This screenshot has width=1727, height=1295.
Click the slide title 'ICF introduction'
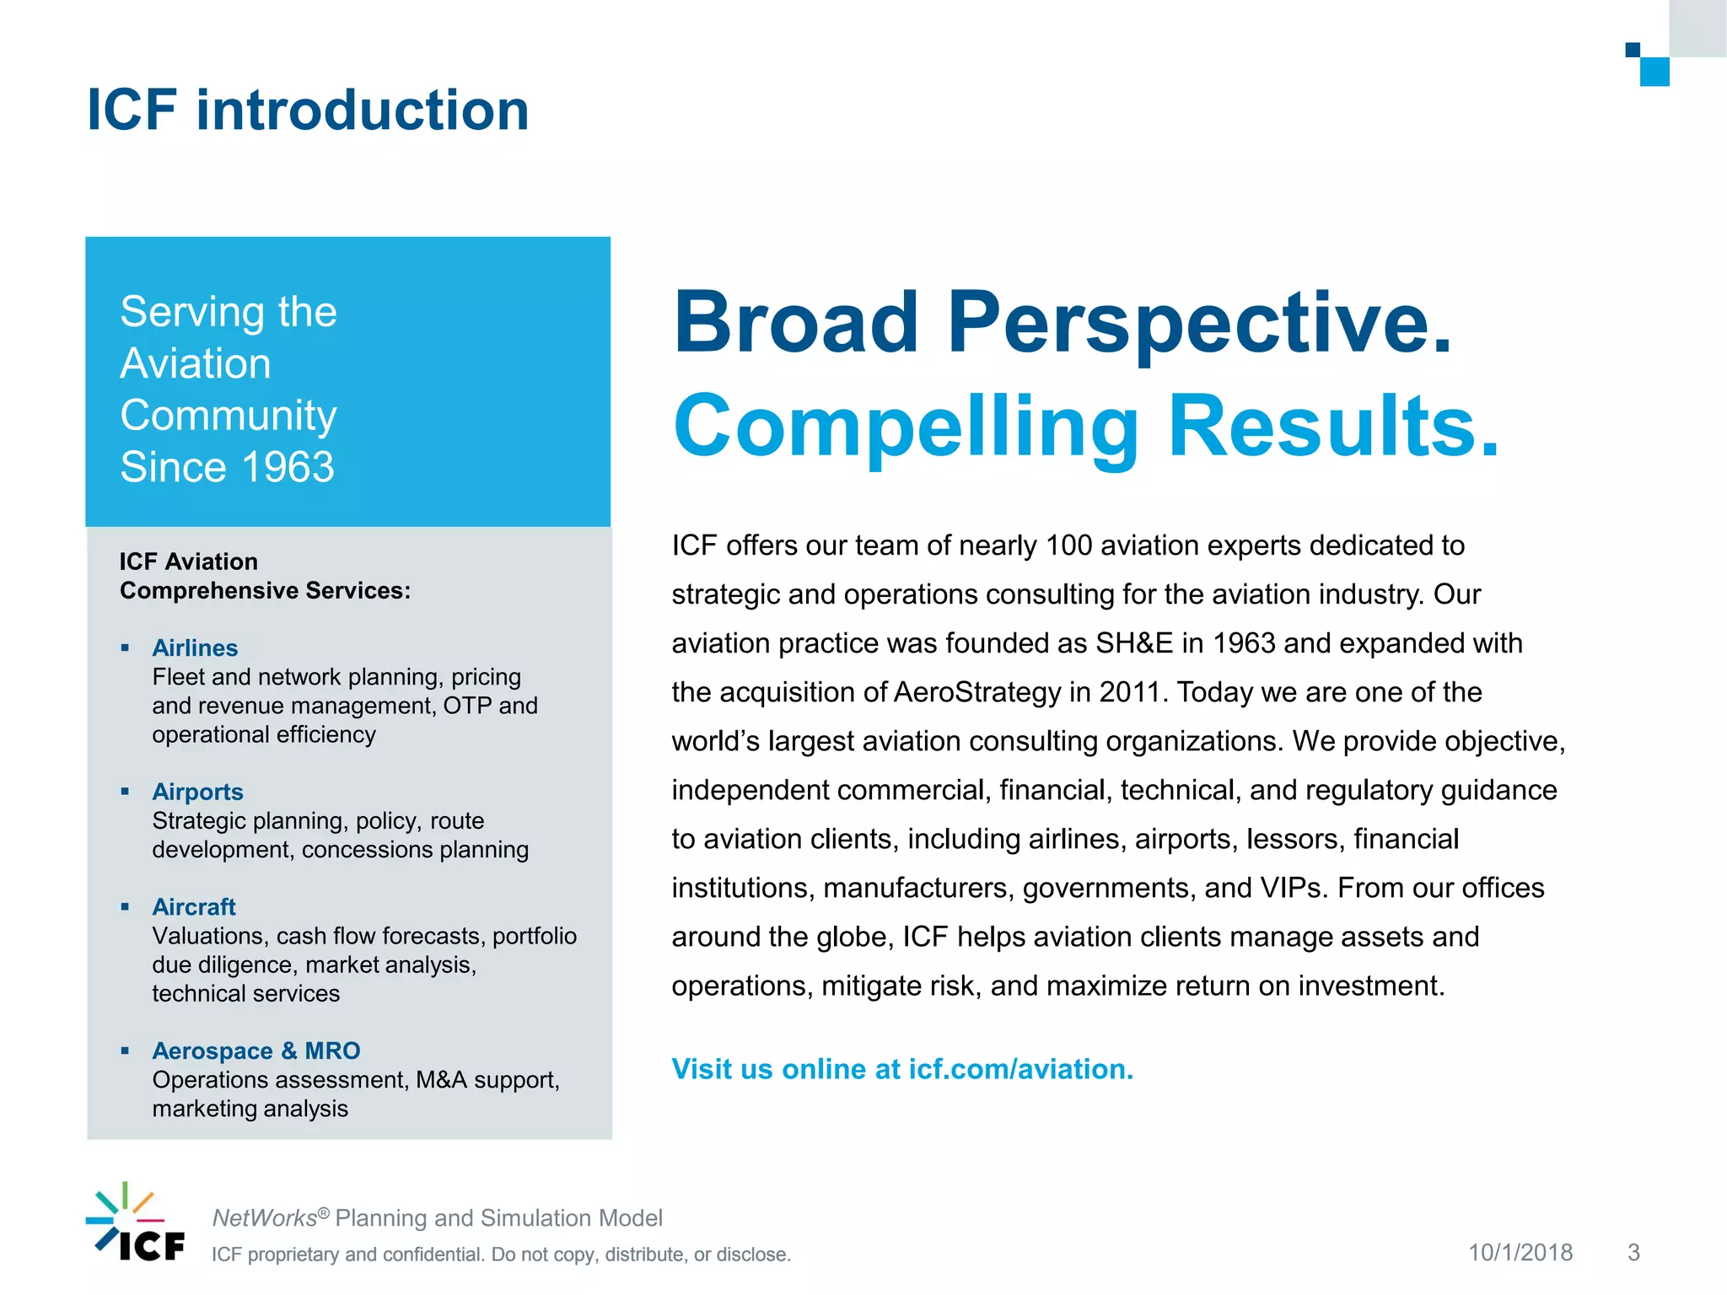pyautogui.click(x=308, y=110)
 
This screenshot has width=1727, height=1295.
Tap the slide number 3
pyautogui.click(x=1633, y=1253)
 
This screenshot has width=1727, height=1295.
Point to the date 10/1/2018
pyautogui.click(x=1520, y=1253)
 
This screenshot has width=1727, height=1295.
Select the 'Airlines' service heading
pyautogui.click(x=195, y=647)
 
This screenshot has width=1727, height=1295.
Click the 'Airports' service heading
pyautogui.click(x=197, y=792)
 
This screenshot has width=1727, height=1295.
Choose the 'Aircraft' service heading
pyautogui.click(x=193, y=907)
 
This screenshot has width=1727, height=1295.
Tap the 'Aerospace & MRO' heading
pyautogui.click(x=256, y=1051)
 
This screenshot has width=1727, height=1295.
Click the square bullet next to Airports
pyautogui.click(x=125, y=792)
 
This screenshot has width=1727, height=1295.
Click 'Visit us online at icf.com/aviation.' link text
pyautogui.click(x=902, y=1069)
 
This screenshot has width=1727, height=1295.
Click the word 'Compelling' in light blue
pyautogui.click(x=906, y=427)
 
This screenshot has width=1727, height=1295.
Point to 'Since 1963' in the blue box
pyautogui.click(x=227, y=467)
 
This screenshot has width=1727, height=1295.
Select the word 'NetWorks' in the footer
pyautogui.click(x=264, y=1218)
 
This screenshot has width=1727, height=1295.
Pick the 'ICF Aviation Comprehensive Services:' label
pyautogui.click(x=265, y=576)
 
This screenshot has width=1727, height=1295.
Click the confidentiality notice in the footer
pyautogui.click(x=501, y=1255)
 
